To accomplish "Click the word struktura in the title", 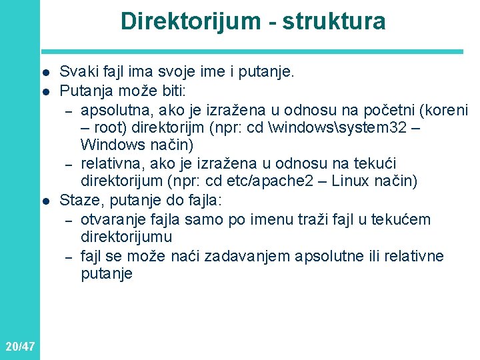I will pyautogui.click(x=334, y=21).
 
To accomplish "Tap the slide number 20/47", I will pyautogui.click(x=19, y=346).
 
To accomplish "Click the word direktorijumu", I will pyautogui.click(x=126, y=237).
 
